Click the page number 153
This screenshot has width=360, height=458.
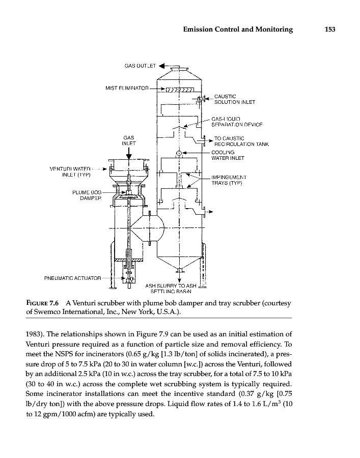pos(329,30)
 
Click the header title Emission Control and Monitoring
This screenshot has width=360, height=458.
pos(238,30)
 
